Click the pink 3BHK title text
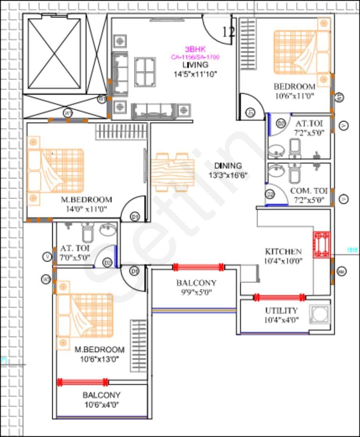(x=195, y=49)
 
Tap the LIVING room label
(x=195, y=65)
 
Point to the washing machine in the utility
(x=320, y=314)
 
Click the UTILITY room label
(x=281, y=311)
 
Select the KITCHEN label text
(x=283, y=251)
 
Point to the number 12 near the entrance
(x=229, y=32)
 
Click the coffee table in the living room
(x=145, y=72)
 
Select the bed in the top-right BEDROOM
(x=302, y=52)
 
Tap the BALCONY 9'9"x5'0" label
(x=196, y=282)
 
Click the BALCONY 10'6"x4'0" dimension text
(x=101, y=404)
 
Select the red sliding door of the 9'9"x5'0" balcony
(x=198, y=267)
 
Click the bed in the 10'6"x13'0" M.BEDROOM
(x=85, y=315)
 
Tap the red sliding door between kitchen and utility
(x=279, y=298)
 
